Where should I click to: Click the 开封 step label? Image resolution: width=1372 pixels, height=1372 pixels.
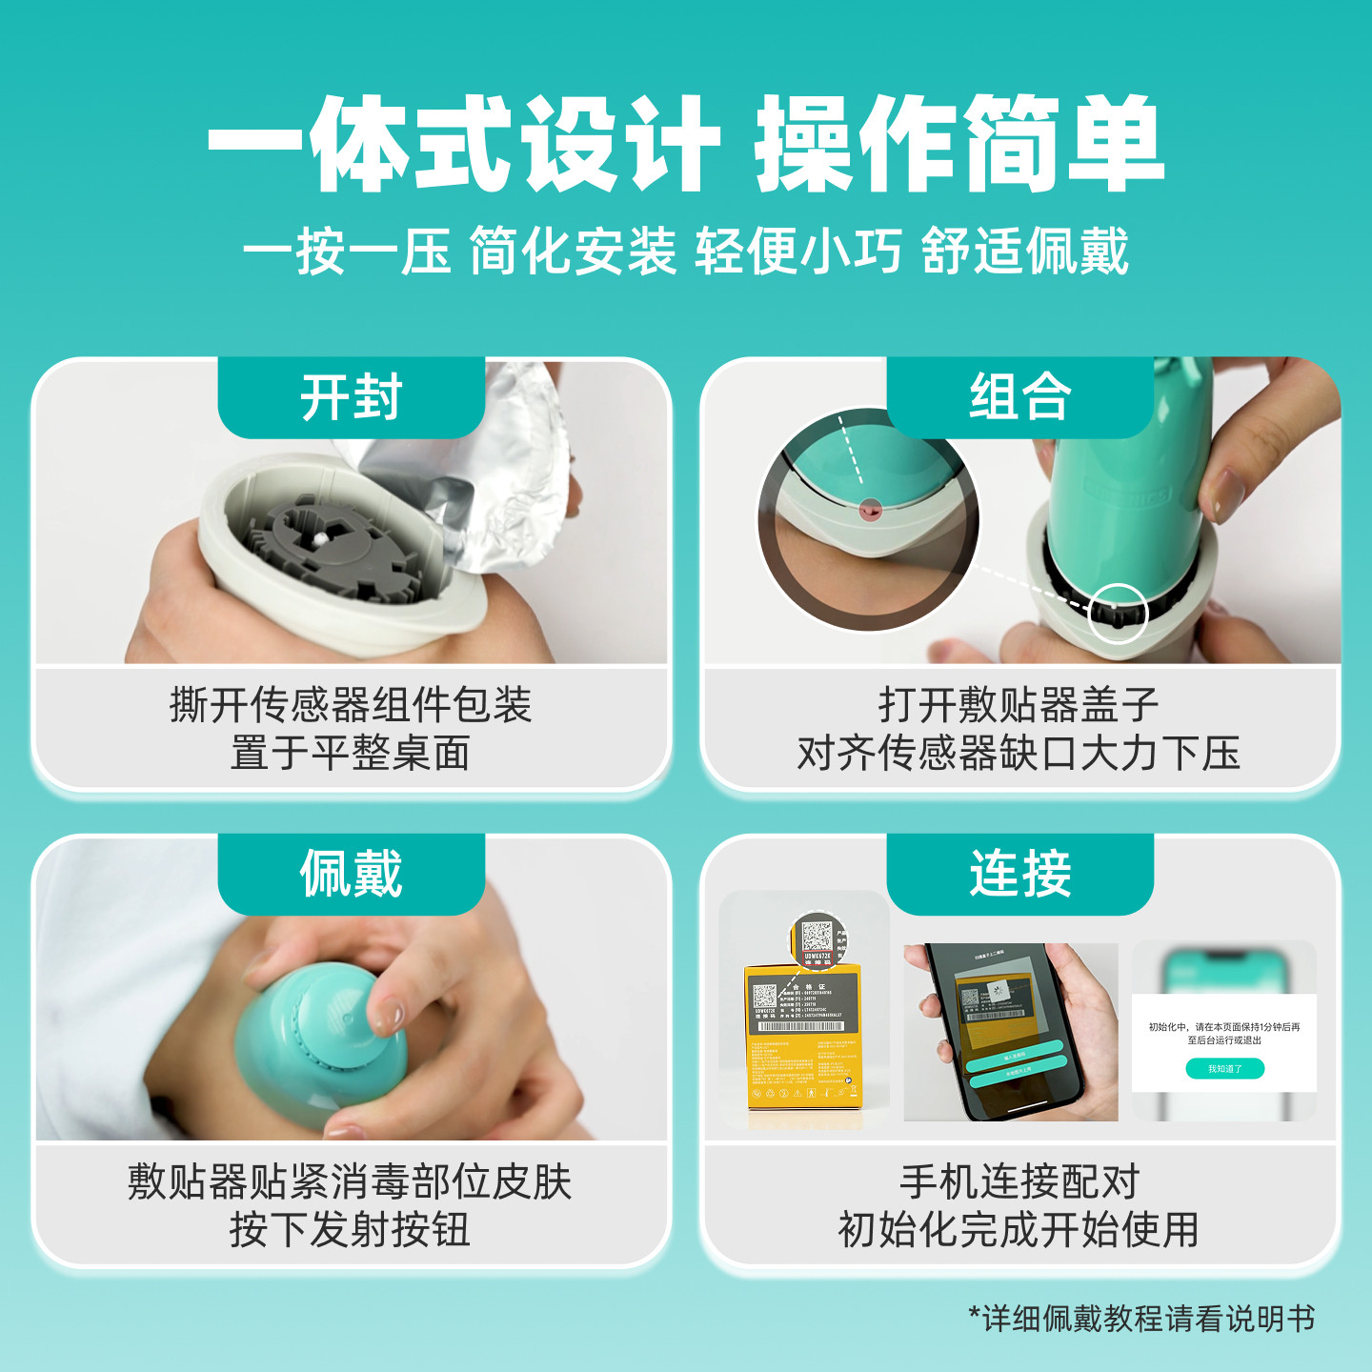click(x=351, y=397)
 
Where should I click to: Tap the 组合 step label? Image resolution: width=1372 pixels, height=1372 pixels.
click(x=1019, y=397)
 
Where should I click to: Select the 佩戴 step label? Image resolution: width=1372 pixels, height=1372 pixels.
click(x=351, y=874)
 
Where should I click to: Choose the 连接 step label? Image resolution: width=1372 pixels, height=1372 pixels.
click(x=1019, y=874)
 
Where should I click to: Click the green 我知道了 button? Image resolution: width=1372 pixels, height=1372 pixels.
click(x=1224, y=1069)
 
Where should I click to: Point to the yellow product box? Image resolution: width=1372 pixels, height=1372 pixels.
click(x=803, y=1039)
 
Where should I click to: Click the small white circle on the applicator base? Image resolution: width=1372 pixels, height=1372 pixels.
click(x=1118, y=612)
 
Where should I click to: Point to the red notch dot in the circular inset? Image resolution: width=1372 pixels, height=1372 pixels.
click(x=867, y=511)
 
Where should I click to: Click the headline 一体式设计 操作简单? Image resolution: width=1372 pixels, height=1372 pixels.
click(x=686, y=145)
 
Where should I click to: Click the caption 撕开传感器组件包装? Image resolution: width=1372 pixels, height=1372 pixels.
click(x=351, y=705)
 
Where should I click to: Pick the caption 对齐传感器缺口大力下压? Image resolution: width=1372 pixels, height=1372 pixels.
click(x=1019, y=754)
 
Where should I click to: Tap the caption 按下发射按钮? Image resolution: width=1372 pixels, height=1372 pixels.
click(x=351, y=1230)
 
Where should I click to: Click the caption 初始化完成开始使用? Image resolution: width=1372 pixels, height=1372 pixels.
click(x=1019, y=1230)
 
